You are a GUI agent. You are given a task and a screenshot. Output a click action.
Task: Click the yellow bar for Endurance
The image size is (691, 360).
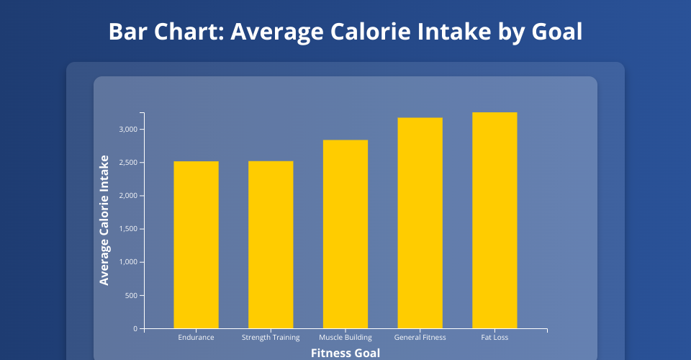[196, 245]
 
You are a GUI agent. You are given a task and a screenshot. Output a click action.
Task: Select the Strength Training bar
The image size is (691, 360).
[271, 245]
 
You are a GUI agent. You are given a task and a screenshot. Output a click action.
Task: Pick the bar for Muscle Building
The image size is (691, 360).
[345, 234]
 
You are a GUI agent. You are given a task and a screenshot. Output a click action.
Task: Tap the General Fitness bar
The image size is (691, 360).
[420, 223]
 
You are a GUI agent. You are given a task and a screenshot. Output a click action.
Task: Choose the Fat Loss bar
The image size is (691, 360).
[494, 220]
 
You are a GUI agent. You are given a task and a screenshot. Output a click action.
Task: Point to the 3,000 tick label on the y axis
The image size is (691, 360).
[128, 130]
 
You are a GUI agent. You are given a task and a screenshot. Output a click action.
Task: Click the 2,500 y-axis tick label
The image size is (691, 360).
[128, 163]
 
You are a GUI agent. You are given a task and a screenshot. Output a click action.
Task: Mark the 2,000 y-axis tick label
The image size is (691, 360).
[128, 196]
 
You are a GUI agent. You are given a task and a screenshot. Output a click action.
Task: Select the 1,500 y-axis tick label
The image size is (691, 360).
[128, 229]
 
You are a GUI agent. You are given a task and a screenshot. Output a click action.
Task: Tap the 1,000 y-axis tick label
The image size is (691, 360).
[128, 262]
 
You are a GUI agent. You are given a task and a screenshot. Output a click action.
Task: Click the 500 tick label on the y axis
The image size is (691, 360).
[132, 296]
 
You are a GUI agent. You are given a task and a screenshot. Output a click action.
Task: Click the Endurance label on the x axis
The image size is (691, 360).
[196, 338]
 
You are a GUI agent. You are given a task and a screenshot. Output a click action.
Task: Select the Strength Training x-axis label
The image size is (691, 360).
[271, 338]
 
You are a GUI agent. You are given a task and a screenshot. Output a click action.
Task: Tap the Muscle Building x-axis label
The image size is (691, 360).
[345, 338]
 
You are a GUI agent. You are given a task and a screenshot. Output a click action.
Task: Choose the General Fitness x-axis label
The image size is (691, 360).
[420, 338]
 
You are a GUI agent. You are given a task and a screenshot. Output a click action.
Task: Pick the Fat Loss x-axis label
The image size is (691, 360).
[494, 338]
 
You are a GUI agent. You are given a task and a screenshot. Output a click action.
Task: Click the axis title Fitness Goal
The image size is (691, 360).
[345, 353]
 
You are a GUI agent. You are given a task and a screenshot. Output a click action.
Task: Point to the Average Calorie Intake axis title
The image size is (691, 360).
[105, 220]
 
